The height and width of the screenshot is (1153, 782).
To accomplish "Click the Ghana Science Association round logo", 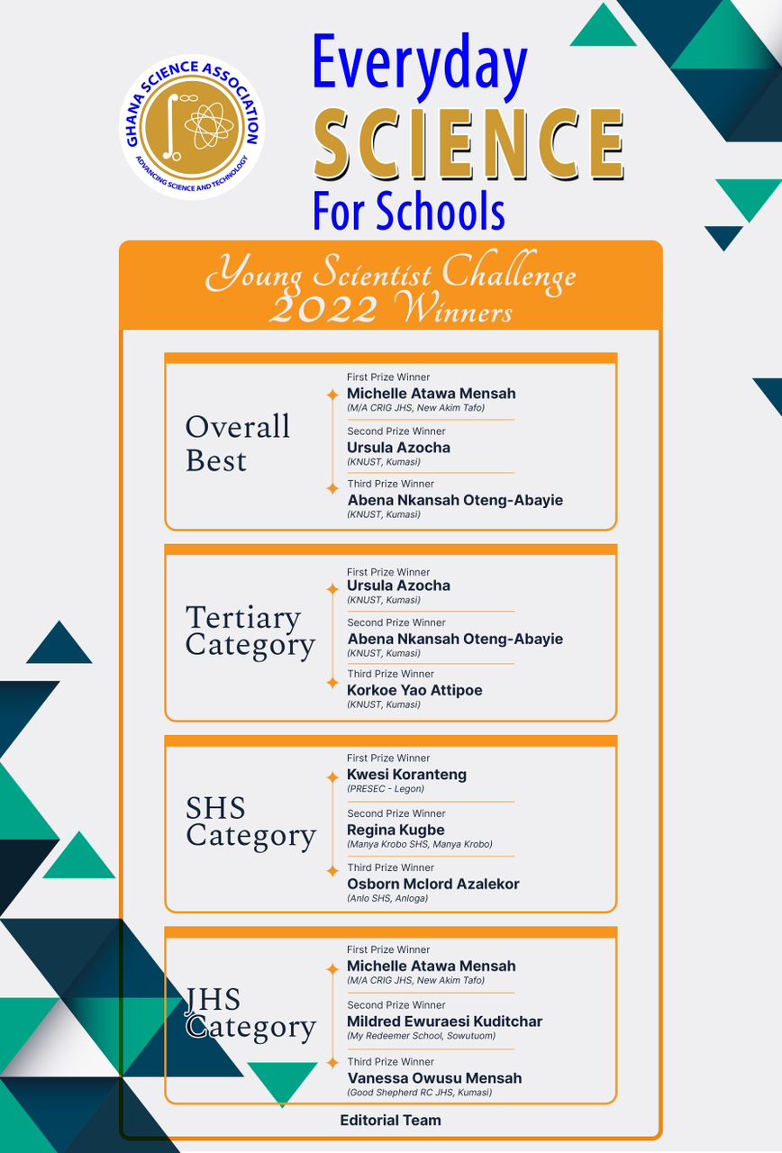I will coord(192,126).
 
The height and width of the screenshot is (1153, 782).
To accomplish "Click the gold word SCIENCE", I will coord(468,144).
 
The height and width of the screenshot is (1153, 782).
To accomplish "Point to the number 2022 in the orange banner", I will coord(323,309).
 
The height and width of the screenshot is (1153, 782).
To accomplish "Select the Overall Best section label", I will coord(238,442).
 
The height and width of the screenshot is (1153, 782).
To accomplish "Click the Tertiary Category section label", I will coord(250,631).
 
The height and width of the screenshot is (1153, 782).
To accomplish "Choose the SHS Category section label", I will coord(250,822).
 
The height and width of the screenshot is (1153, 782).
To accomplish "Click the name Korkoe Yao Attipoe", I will coord(414,690).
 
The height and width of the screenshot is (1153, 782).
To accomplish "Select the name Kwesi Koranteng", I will coord(406,774).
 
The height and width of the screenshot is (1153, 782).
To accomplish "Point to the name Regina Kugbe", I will coord(396,830).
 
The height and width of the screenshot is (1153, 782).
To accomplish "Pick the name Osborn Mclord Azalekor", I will coord(433,884).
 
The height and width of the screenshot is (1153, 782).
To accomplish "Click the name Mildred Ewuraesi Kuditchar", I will coord(444,1021).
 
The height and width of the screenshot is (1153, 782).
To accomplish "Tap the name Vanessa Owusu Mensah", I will coord(434,1077).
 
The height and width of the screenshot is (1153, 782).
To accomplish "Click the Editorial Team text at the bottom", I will coord(390,1121).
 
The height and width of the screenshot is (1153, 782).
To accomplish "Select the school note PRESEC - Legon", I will coord(386,789).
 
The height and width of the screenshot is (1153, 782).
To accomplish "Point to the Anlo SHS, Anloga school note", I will coord(387,898).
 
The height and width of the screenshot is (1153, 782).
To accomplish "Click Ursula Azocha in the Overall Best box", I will coord(398,447).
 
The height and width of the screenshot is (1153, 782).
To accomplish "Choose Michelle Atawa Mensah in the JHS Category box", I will coord(431,966).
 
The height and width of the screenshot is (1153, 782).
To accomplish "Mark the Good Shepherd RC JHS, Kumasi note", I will coord(420,1093).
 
